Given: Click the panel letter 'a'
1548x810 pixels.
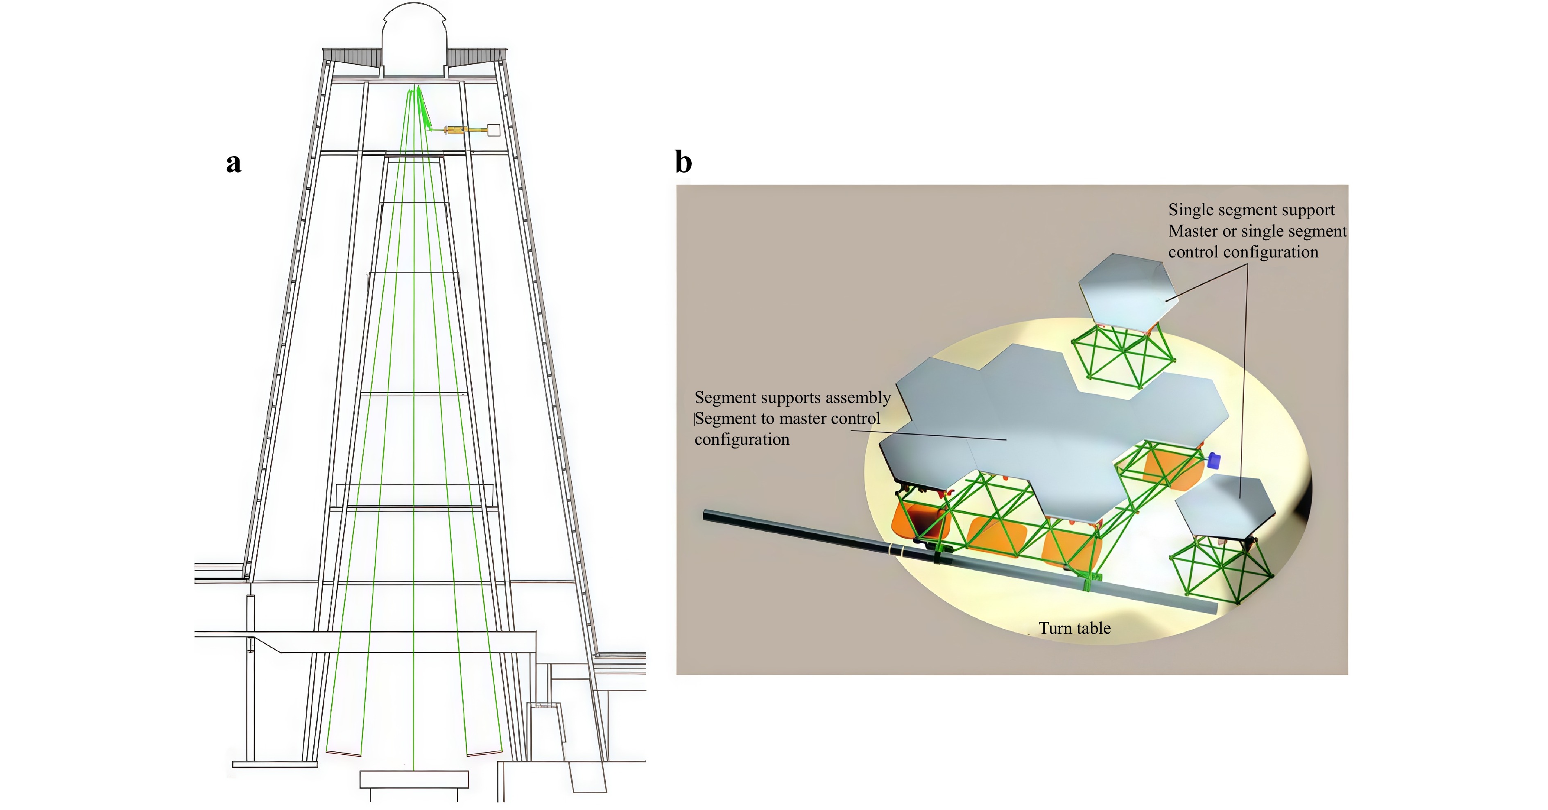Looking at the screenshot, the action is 234,164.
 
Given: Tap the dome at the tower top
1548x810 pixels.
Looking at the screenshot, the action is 414,39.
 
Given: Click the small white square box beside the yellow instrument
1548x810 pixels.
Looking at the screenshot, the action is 493,130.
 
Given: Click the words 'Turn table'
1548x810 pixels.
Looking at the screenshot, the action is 1075,628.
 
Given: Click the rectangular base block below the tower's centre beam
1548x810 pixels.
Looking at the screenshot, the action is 414,779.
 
